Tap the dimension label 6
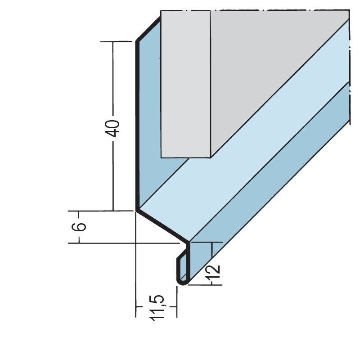tap(79, 227)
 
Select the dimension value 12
tap(213, 272)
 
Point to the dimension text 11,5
tap(157, 308)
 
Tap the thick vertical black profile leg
tap(137, 125)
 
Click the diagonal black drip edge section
tap(162, 226)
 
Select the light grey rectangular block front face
tap(185, 84)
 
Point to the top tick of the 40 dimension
tap(116, 41)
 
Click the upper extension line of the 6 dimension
tap(100, 211)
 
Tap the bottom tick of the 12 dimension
tap(205, 285)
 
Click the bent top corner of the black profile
tap(137, 41)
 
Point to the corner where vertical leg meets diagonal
tap(137, 210)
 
